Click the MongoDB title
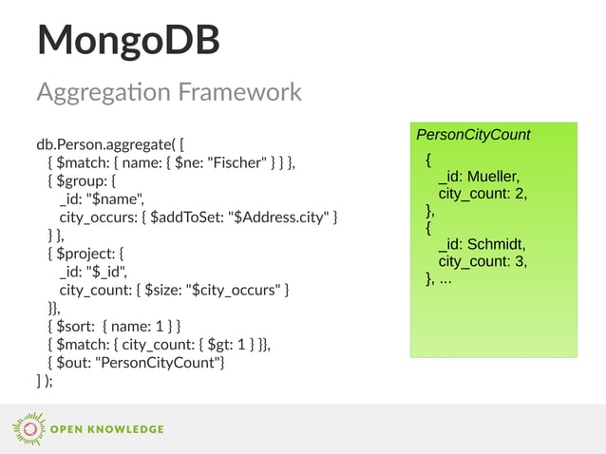[128, 40]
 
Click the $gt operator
[215, 344]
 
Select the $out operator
[73, 362]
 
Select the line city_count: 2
[482, 194]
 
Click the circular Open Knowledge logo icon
[28, 428]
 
